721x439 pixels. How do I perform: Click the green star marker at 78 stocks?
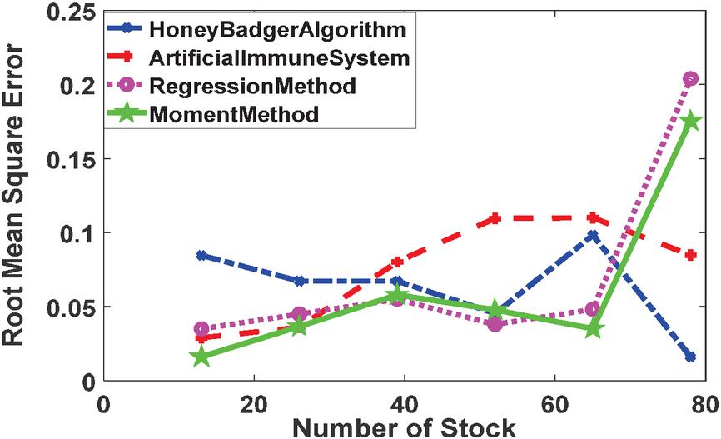[x=690, y=122]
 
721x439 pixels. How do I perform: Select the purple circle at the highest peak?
[x=690, y=79]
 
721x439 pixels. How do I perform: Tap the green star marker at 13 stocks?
[x=201, y=357]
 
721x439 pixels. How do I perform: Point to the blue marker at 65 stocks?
[x=593, y=235]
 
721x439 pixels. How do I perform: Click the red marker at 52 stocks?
[x=495, y=219]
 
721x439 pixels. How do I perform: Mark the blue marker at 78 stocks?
[x=690, y=357]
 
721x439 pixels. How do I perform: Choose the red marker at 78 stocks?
[x=690, y=255]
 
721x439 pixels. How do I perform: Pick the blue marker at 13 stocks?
[x=201, y=255]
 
